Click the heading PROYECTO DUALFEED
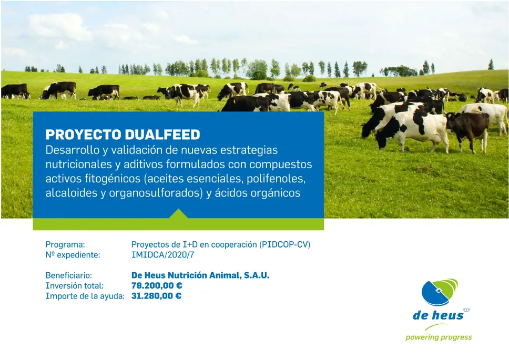[123, 135]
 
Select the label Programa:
[65, 244]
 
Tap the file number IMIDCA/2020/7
[163, 255]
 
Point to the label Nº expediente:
[73, 255]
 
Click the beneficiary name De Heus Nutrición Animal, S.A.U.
[200, 275]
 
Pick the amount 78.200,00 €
[157, 286]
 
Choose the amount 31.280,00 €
[157, 296]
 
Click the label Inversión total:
[75, 286]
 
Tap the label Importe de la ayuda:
[85, 296]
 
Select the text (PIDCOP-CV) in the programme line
[284, 244]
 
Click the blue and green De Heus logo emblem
[440, 292]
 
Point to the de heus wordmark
[438, 315]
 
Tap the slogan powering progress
[439, 337]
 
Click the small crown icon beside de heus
[466, 310]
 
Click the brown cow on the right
[468, 130]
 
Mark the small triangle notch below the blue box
[178, 214]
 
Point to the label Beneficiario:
[69, 275]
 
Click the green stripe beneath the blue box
[178, 224]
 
